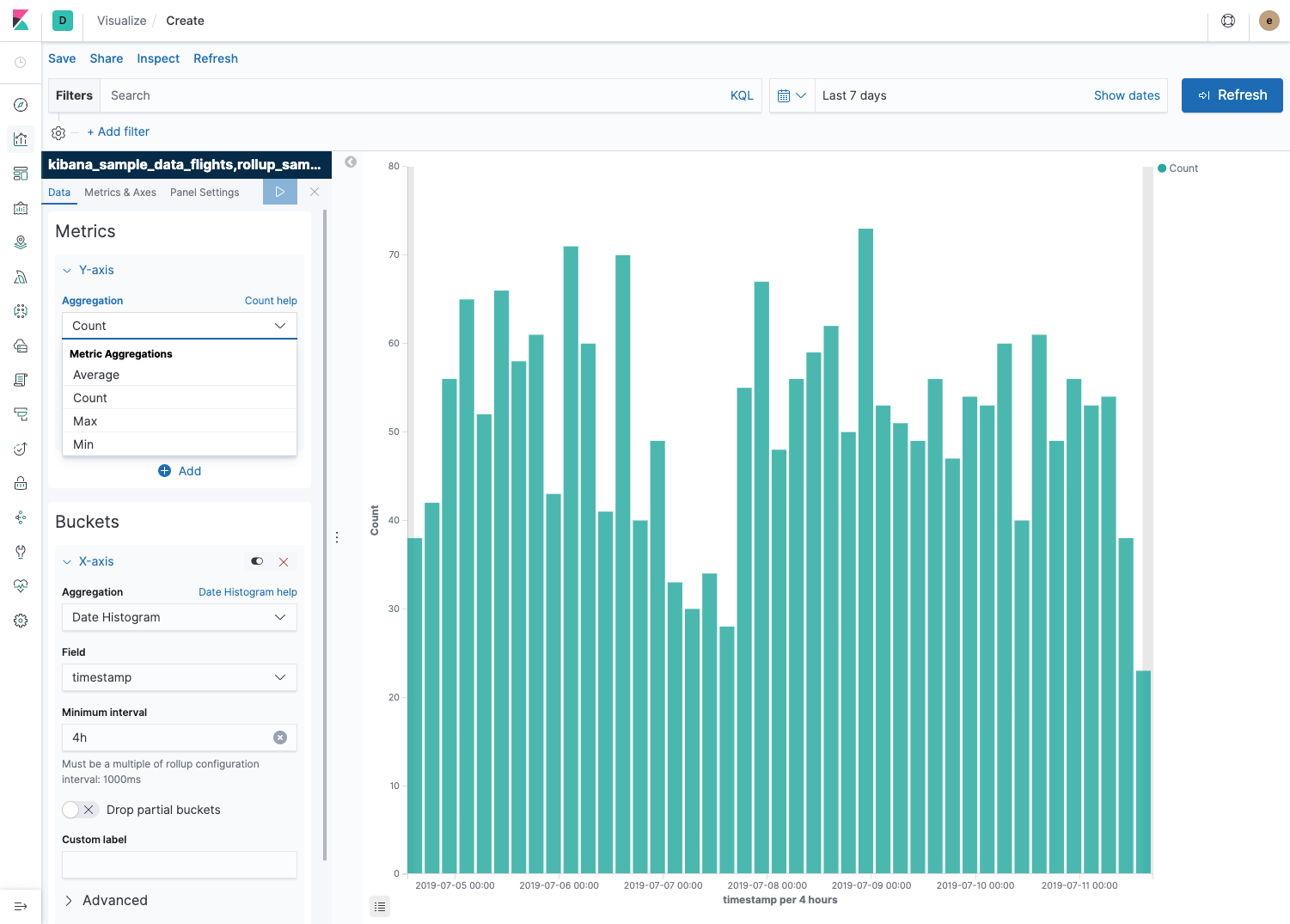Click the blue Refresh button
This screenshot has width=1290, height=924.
tap(1232, 95)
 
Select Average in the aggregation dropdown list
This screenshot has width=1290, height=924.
tap(96, 375)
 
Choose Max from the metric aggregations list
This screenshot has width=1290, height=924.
tap(85, 421)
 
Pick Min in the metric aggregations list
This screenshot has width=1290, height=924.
tap(83, 444)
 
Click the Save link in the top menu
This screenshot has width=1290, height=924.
tap(62, 58)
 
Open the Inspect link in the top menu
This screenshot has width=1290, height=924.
tap(158, 58)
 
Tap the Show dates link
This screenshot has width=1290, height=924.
tap(1127, 95)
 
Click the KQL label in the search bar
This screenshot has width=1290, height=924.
tap(742, 95)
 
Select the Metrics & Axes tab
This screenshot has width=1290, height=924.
tap(120, 193)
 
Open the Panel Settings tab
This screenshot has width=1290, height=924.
tap(205, 193)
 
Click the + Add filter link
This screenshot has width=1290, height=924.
tap(119, 132)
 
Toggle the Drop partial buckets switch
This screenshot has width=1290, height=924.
tap(79, 810)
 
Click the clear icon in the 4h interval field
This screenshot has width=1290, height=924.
tap(280, 737)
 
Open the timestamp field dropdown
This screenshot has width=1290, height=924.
tap(179, 677)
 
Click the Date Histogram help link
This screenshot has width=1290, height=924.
tap(248, 592)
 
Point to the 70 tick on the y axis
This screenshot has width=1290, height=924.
tap(394, 254)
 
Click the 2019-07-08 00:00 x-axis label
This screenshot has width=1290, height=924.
tap(767, 885)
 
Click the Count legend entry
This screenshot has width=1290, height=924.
tap(1183, 168)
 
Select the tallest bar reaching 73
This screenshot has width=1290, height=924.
tap(865, 550)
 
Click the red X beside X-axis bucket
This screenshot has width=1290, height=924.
tap(284, 562)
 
